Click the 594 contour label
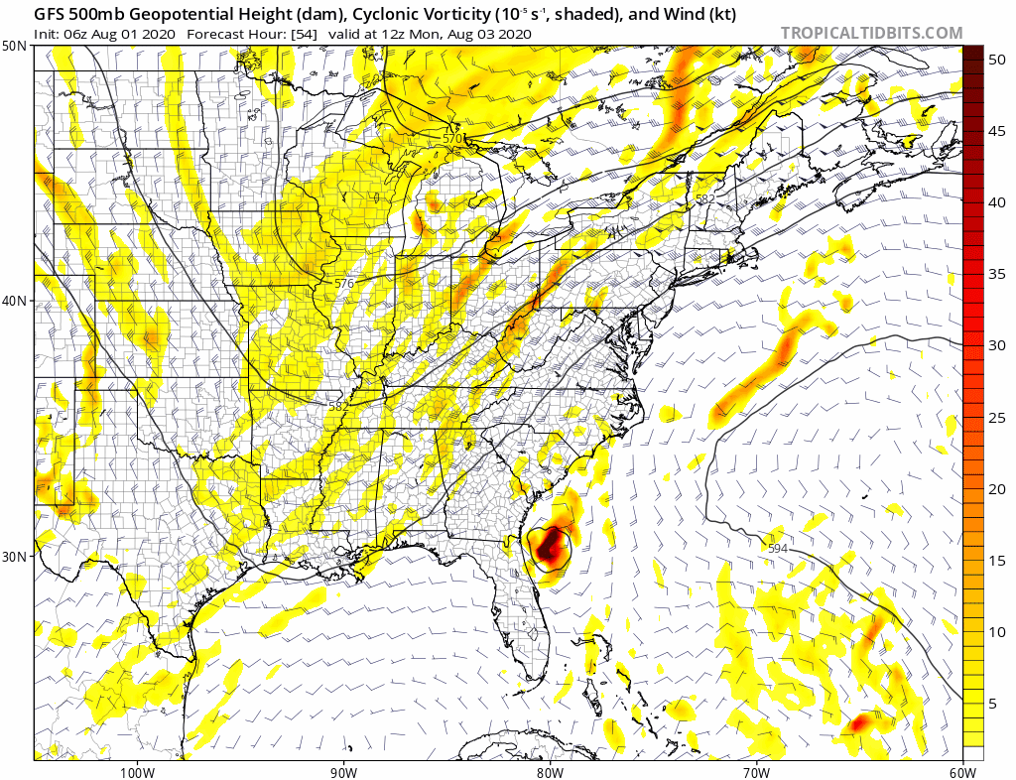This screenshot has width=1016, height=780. (x=779, y=548)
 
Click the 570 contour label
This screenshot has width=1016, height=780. (x=453, y=138)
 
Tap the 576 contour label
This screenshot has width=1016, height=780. (x=343, y=283)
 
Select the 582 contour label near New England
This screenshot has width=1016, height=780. (x=704, y=198)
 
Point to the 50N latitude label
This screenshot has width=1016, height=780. (x=15, y=47)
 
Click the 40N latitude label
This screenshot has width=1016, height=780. (x=15, y=301)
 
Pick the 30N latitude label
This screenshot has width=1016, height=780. (x=15, y=556)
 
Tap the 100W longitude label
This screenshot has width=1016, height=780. (x=137, y=771)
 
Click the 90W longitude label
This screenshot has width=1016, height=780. (x=343, y=771)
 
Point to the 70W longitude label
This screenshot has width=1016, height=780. (x=756, y=771)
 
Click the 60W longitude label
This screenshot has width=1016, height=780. (x=962, y=771)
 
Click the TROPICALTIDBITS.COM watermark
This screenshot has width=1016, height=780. (x=871, y=33)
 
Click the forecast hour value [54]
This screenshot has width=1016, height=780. (x=303, y=34)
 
